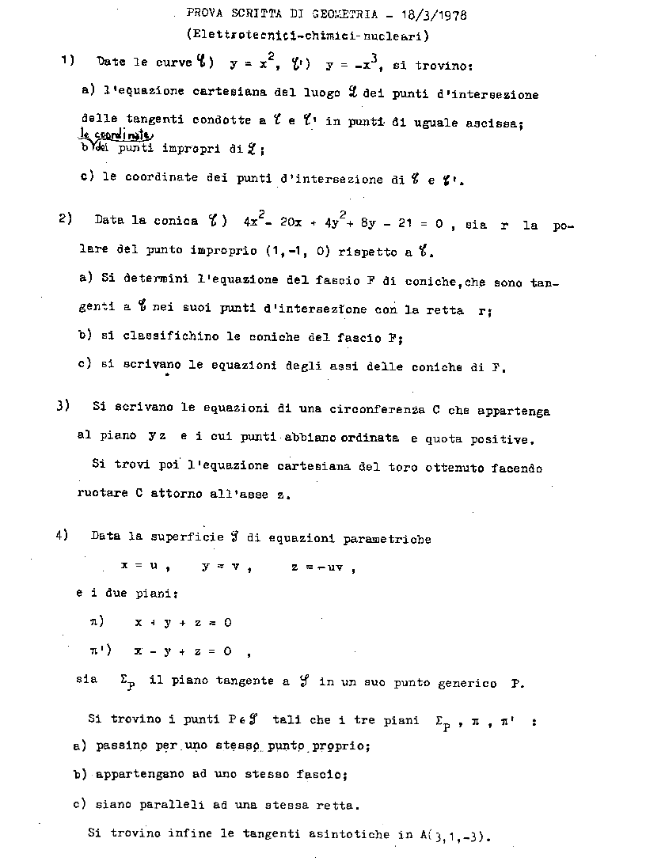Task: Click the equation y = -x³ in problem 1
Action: click(x=336, y=65)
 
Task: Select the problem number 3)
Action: click(x=64, y=406)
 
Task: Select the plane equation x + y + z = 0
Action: click(x=183, y=623)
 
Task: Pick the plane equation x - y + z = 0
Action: click(x=183, y=651)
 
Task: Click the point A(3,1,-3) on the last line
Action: click(x=457, y=836)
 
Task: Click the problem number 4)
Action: click(x=64, y=536)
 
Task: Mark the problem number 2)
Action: click(x=66, y=219)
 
